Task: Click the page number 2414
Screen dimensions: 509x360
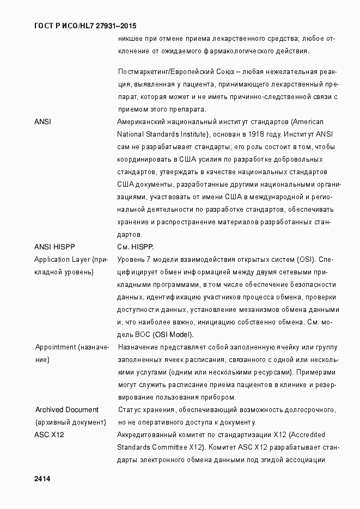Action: tap(42, 479)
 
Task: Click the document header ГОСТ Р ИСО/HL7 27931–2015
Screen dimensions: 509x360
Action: tap(85, 26)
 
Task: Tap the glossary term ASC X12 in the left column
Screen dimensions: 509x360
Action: tap(50, 434)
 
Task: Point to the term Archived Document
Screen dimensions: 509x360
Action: tap(66, 409)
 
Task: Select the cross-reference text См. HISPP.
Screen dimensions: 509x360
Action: tap(136, 247)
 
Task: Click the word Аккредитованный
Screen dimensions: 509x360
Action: tap(148, 434)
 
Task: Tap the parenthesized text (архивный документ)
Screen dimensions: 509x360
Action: tap(70, 422)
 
